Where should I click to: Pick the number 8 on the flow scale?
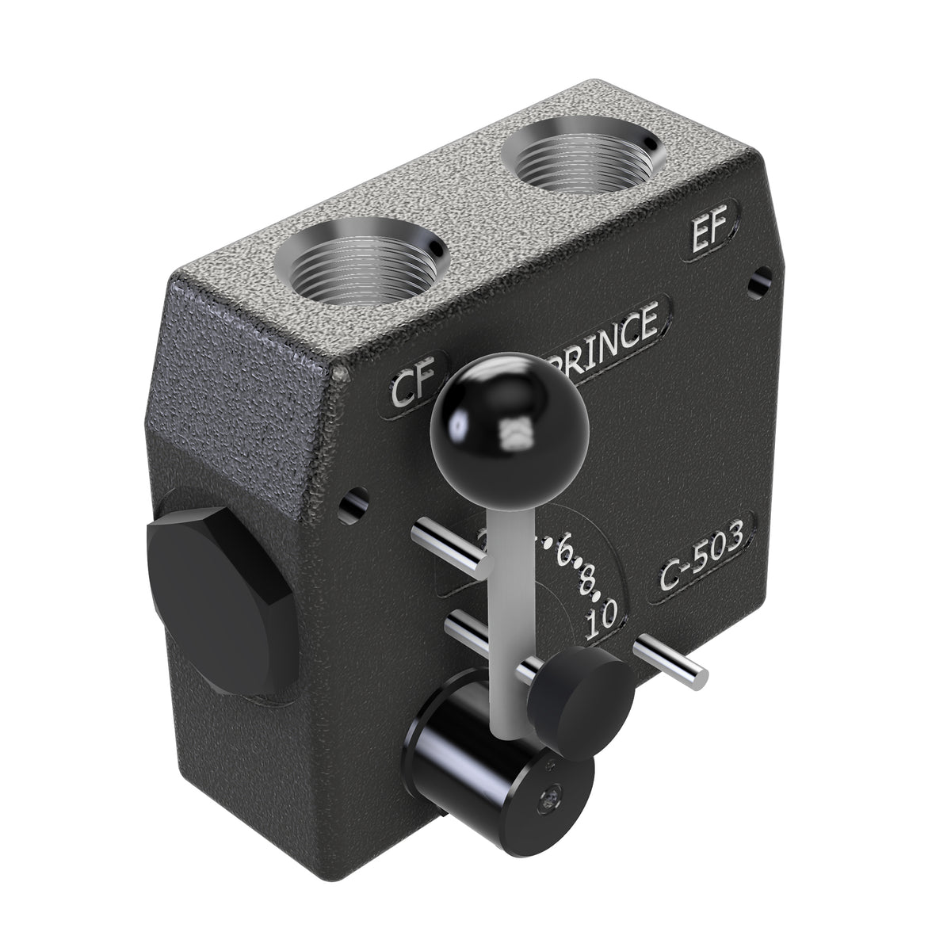[587, 584]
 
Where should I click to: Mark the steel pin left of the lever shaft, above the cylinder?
[475, 638]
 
